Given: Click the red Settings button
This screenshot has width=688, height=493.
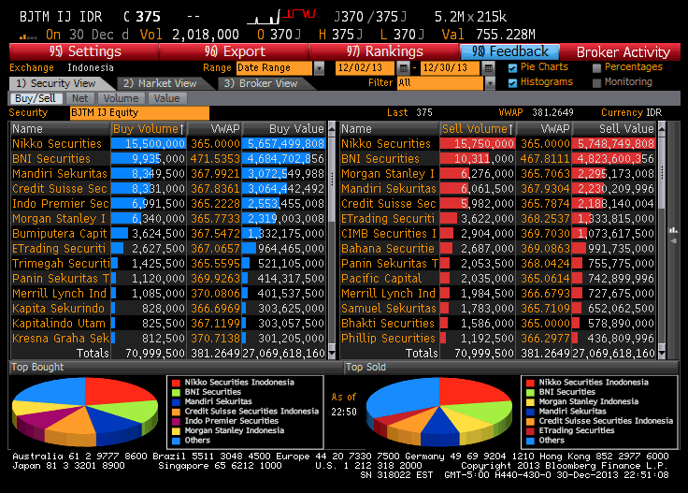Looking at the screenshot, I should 84,51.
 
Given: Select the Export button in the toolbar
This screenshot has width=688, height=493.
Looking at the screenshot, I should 235,51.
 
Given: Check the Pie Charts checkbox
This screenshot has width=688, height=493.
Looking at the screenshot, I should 512,67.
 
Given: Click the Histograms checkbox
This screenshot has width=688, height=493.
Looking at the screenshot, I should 512,82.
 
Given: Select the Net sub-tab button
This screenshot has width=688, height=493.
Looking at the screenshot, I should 80,98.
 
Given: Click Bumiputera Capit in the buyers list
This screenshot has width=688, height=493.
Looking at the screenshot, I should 59,233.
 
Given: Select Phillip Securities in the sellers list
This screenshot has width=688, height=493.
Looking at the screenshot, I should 388,338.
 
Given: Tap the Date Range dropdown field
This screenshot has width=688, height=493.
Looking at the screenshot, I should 273,68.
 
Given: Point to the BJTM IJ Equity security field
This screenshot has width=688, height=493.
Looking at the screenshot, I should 139,113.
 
